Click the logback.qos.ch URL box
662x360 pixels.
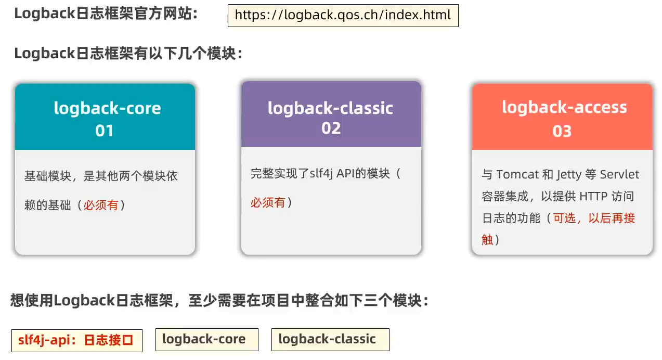(343, 16)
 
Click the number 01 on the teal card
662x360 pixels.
(105, 131)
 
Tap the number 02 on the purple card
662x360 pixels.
(331, 128)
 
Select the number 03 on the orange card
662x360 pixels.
(562, 131)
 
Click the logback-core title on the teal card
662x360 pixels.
(107, 108)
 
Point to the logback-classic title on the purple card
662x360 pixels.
(330, 108)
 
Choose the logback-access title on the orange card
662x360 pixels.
(564, 107)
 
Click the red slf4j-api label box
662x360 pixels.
(77, 341)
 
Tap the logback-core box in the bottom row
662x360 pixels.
(207, 340)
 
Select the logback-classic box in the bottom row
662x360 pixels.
(330, 340)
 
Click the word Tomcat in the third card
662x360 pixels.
(517, 174)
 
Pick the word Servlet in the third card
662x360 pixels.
(619, 174)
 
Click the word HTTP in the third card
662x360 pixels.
(593, 196)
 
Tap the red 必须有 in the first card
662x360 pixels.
(101, 205)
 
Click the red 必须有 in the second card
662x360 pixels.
(268, 203)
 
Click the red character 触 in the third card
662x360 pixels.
(487, 240)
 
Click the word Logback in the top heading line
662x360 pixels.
(45, 14)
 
